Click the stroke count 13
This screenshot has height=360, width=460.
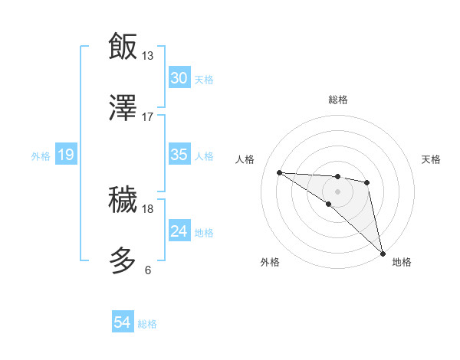pyautogui.click(x=147, y=55)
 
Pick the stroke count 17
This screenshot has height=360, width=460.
pyautogui.click(x=147, y=117)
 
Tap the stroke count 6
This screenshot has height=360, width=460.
pyautogui.click(x=147, y=270)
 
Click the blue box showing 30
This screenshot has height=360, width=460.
pyautogui.click(x=179, y=78)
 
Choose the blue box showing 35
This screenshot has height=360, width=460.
pyautogui.click(x=179, y=155)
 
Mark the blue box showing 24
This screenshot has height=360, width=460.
pyautogui.click(x=179, y=231)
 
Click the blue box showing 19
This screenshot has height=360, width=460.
pyautogui.click(x=66, y=155)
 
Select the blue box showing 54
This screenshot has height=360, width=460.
pyautogui.click(x=123, y=323)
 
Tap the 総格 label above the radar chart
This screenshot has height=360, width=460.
pyautogui.click(x=338, y=100)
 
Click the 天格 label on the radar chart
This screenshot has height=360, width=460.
pyautogui.click(x=431, y=159)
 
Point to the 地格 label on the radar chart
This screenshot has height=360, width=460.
pyautogui.click(x=402, y=262)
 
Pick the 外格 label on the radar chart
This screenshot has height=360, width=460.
pyautogui.click(x=270, y=262)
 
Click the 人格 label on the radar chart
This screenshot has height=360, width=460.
pyautogui.click(x=245, y=159)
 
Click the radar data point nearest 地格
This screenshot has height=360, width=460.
pyautogui.click(x=383, y=253)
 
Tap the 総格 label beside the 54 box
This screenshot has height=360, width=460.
pyautogui.click(x=147, y=324)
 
